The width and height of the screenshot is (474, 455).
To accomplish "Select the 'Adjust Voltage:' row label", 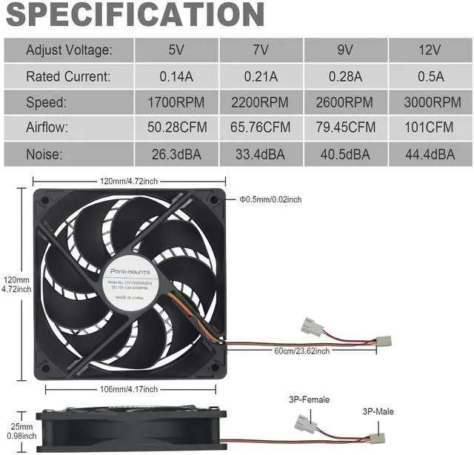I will [69, 50].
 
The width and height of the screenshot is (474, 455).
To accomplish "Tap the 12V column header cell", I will [430, 50].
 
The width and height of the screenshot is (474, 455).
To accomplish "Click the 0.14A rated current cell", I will [176, 76].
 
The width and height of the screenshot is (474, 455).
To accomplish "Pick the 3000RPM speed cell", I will [430, 102].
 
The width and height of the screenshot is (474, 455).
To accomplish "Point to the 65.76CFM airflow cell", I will [261, 127].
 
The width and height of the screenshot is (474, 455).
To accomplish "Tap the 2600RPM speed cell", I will [346, 102].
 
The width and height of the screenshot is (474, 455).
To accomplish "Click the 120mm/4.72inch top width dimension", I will [130, 181].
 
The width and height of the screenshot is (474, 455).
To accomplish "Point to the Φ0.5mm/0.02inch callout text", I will [270, 199].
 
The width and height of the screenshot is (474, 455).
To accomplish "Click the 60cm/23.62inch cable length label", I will [302, 351].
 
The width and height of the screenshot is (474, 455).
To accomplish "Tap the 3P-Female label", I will [309, 400].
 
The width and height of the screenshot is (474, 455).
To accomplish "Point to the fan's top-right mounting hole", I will [216, 199].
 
